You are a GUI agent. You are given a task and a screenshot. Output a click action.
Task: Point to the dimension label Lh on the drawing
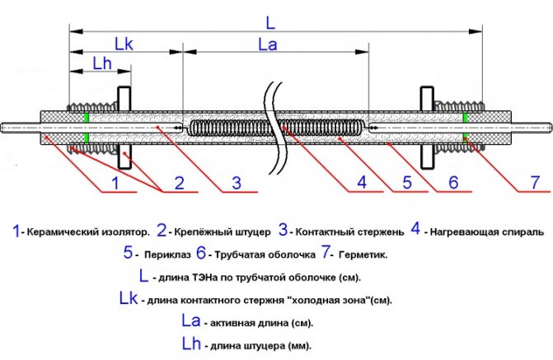[x=103, y=63]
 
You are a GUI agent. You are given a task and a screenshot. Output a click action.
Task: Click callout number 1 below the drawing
[x=116, y=183]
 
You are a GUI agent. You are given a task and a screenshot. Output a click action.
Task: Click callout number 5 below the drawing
[x=406, y=183]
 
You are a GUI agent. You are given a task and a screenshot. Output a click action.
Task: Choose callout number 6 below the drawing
[x=452, y=183]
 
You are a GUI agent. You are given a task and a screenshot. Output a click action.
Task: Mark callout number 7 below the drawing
[x=534, y=183]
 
